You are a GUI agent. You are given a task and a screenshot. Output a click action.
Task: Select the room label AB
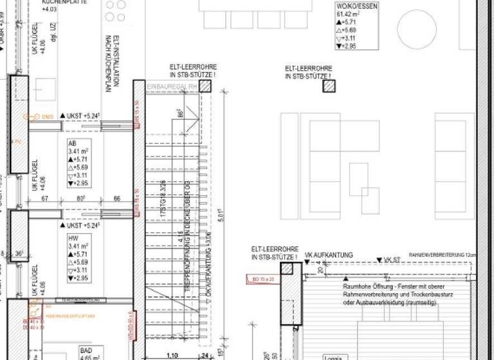coord(72,143)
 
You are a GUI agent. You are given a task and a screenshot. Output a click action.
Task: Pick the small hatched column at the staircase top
coord(205,86)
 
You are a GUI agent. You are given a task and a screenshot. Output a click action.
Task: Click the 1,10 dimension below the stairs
coord(172,355)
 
